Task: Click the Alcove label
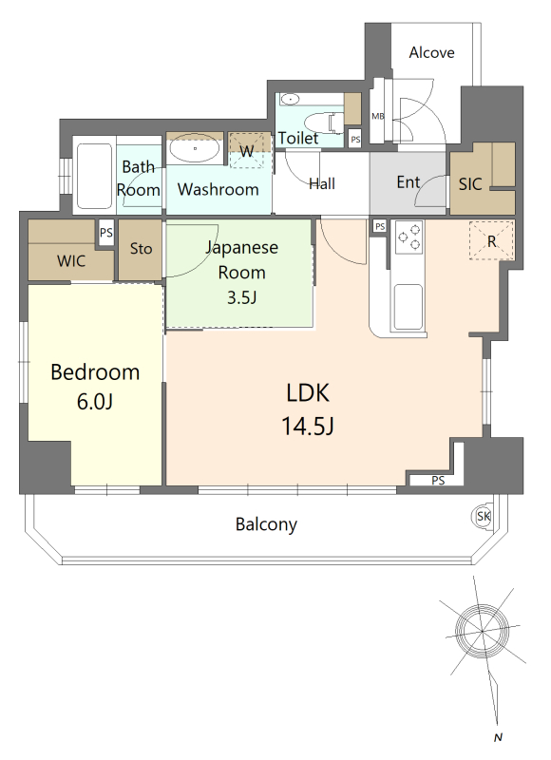point(431,52)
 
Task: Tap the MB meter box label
point(377,116)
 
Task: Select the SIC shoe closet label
point(470,184)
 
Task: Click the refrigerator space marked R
point(491,241)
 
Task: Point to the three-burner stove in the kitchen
point(409,237)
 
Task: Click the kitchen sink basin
point(408,307)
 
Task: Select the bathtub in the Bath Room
point(94,176)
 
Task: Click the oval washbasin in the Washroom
point(195,149)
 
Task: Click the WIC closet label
point(71,261)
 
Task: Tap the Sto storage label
point(141,249)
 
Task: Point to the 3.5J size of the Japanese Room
point(242,297)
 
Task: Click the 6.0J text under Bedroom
point(95,401)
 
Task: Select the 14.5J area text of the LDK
point(308,426)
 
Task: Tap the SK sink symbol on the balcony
point(483,516)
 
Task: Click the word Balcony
point(266,524)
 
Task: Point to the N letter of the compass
point(498,738)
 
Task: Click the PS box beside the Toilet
point(355,139)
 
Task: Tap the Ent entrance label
point(408,182)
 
